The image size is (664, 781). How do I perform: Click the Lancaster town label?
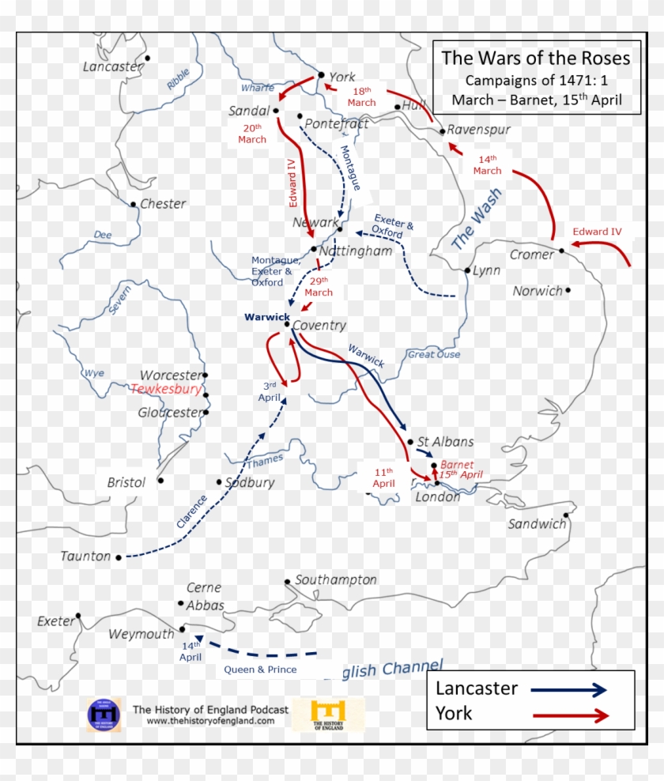coord(113,66)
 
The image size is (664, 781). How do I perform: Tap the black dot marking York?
coord(321,75)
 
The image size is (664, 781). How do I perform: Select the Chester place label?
coord(163,203)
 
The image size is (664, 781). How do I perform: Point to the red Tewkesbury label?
coord(166,390)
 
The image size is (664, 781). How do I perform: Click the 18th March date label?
coord(361,96)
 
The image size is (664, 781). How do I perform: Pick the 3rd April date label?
coord(270,392)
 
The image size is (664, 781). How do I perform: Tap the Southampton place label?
coord(336,579)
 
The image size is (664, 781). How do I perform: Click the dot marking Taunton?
coord(119,557)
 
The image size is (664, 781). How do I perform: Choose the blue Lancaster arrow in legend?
coord(569,689)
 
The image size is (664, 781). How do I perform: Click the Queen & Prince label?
coord(260,670)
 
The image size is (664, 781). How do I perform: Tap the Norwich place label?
coord(538,291)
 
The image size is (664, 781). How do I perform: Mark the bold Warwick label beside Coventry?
coord(267,317)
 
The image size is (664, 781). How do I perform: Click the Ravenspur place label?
coord(479,130)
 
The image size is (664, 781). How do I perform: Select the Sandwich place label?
coord(537,523)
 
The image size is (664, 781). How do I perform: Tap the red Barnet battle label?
coord(457,465)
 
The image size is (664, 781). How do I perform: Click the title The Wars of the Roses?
coord(536,58)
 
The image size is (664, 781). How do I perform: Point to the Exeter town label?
coord(55,621)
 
